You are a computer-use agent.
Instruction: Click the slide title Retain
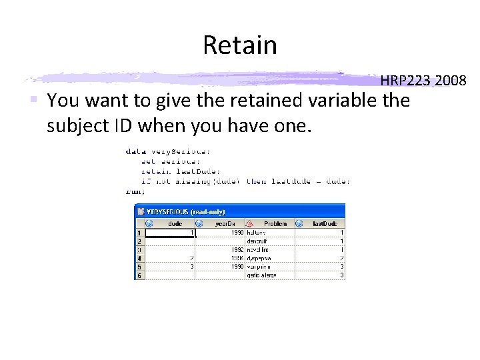tap(239, 45)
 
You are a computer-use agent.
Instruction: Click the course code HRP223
tap(407, 81)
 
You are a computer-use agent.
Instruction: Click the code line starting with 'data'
tap(168, 151)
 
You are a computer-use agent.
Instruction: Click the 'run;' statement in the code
tap(135, 191)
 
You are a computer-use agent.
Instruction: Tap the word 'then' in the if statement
tap(256, 181)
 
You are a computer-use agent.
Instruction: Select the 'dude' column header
tap(175, 224)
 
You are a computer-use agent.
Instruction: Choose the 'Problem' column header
tap(275, 224)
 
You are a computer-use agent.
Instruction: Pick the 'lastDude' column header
tap(325, 224)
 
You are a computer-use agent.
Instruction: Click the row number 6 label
tap(139, 275)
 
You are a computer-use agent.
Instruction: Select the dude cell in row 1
tap(170, 233)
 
